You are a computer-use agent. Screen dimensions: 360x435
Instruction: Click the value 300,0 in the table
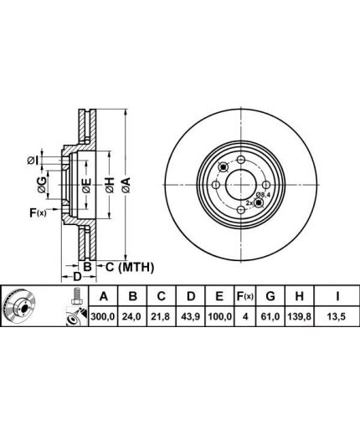(103, 317)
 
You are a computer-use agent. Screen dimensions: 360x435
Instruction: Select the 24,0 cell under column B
(133, 317)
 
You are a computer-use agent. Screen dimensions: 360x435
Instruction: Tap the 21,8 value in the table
(162, 317)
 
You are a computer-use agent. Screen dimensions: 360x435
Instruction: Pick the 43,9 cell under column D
(191, 317)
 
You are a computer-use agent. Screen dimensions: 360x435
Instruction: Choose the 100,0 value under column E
(219, 317)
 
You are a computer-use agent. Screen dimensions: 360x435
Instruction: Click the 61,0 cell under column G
(270, 317)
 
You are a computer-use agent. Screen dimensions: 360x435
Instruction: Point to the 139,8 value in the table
(299, 317)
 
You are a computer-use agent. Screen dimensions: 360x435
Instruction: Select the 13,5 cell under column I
(337, 317)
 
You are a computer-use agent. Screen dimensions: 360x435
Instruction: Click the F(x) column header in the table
(244, 296)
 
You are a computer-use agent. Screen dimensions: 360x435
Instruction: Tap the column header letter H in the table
(299, 296)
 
